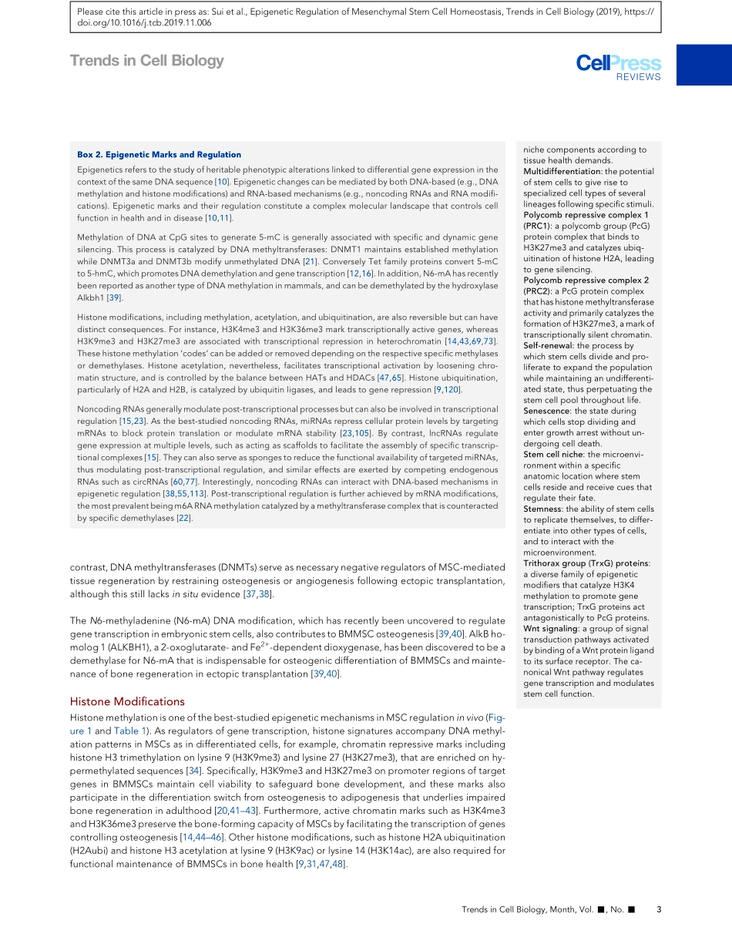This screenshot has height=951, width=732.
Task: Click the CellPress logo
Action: [x=618, y=63]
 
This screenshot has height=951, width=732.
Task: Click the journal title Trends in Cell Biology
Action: [x=146, y=61]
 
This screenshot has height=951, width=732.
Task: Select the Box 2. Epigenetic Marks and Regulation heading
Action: [x=159, y=155]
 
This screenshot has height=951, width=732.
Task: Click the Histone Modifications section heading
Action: [x=127, y=701]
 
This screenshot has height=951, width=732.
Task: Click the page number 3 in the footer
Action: [x=658, y=909]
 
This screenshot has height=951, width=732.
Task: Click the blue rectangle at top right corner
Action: [x=704, y=64]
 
